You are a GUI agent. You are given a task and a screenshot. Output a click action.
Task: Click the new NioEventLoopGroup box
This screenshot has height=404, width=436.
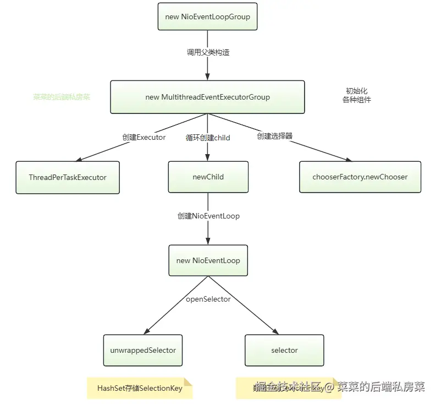(x=207, y=17)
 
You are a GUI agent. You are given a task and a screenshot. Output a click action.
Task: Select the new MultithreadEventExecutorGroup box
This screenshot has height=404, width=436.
(x=207, y=97)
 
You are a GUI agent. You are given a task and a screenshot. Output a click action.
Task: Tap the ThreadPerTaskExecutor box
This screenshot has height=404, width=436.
(x=68, y=177)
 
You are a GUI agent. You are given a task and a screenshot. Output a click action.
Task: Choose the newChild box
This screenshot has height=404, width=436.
(x=208, y=177)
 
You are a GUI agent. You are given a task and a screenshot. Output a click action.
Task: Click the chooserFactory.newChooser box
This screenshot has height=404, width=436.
(x=360, y=177)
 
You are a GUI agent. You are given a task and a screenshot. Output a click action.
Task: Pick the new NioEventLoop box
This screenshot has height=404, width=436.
(x=208, y=260)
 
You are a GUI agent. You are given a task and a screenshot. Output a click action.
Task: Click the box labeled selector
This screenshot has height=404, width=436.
(x=284, y=350)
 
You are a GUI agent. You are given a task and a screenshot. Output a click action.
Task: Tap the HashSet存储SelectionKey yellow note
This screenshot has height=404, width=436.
(x=140, y=388)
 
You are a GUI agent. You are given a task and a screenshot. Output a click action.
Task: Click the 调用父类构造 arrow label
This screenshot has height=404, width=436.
(x=208, y=53)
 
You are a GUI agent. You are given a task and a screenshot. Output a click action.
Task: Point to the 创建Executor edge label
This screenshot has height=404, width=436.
(x=144, y=137)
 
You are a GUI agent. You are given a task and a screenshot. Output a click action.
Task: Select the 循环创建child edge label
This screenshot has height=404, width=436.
(x=208, y=138)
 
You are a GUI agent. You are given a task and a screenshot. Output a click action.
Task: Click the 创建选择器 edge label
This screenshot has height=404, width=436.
(x=274, y=135)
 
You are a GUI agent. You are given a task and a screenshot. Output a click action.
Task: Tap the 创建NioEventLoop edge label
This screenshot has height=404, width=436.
(x=208, y=216)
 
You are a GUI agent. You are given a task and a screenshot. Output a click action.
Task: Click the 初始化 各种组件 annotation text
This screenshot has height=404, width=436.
(x=356, y=95)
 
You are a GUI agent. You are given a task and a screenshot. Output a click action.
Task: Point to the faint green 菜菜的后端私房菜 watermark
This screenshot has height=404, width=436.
(x=62, y=97)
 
